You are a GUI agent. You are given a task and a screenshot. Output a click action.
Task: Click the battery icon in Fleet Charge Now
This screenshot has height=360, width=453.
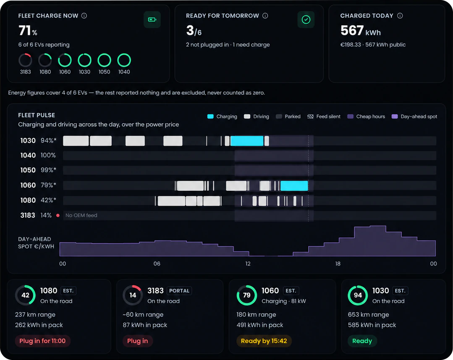tap(152, 20)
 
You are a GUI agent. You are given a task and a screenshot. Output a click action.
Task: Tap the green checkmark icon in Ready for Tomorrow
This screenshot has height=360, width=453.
tap(306, 20)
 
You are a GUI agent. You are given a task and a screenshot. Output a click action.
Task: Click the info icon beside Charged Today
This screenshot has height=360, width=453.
tap(400, 16)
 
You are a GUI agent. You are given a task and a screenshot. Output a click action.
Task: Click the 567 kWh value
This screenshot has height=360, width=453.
tap(361, 31)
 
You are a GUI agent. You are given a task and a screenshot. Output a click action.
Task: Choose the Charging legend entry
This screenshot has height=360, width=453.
tap(222, 116)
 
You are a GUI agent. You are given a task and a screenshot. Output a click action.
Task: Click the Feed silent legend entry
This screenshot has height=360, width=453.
tap(324, 116)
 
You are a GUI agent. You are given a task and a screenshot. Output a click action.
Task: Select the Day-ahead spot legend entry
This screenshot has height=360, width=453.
tap(414, 116)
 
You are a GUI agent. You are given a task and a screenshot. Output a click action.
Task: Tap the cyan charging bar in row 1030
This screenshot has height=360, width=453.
tap(247, 141)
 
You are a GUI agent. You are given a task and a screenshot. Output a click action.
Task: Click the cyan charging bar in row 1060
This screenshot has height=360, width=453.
tap(294, 185)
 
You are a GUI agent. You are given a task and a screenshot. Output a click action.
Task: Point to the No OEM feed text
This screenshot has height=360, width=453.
tap(81, 215)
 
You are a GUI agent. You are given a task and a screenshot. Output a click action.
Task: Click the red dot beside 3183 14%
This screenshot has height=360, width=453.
tap(58, 215)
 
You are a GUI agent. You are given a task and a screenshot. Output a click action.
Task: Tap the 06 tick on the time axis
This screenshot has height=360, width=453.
tap(157, 263)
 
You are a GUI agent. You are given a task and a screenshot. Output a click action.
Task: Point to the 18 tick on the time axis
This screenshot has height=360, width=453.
tap(338, 263)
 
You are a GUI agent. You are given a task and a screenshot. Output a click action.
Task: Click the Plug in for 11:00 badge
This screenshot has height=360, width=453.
tap(42, 341)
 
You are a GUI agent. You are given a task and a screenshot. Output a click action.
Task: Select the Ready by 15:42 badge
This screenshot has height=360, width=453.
tap(264, 341)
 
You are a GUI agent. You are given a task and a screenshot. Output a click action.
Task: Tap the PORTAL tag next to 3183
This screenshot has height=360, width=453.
tap(179, 291)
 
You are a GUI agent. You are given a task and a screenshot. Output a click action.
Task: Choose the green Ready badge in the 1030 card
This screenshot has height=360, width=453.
tap(362, 341)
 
